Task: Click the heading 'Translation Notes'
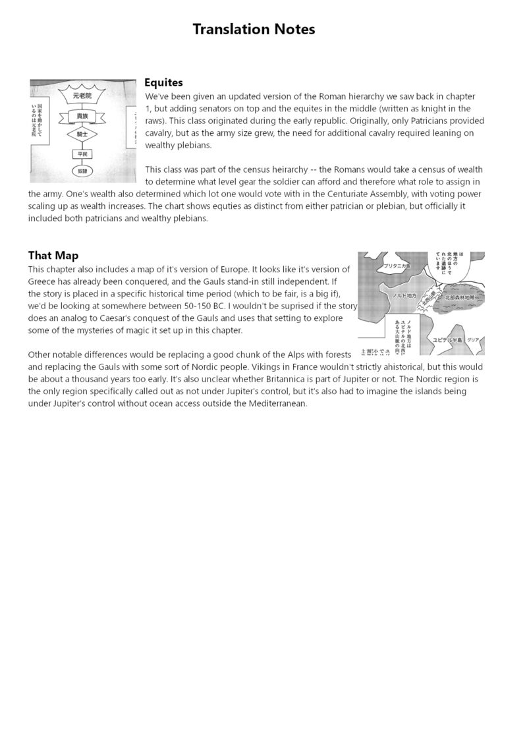click(254, 30)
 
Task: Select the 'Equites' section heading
click(163, 82)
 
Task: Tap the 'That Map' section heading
click(53, 255)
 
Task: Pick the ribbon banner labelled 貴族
click(82, 115)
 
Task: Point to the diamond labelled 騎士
click(82, 134)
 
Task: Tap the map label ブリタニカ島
click(397, 266)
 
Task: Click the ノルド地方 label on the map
click(404, 296)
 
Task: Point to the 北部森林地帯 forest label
click(459, 297)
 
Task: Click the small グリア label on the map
click(474, 339)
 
